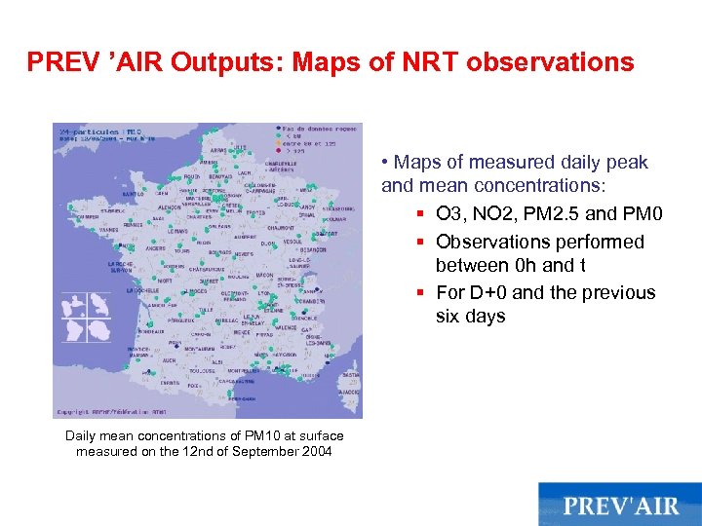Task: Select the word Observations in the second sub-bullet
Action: [499, 242]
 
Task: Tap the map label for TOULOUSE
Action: [202, 371]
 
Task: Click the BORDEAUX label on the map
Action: [151, 331]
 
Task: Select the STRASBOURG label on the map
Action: [337, 209]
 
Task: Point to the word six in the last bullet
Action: [450, 316]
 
